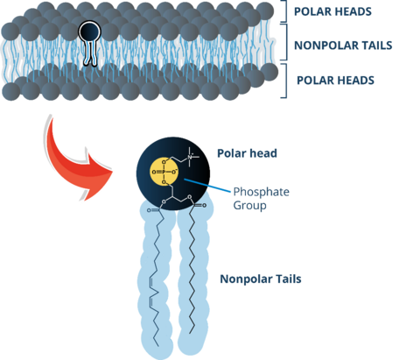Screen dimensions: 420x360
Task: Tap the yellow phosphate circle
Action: [164, 172]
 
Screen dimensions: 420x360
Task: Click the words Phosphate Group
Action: [261, 199]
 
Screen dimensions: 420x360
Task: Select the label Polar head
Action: [247, 153]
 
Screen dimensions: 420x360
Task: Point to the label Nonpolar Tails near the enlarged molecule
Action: [261, 279]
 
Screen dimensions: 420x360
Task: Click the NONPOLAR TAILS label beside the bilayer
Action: [343, 46]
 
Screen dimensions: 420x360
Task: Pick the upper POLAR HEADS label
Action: [332, 11]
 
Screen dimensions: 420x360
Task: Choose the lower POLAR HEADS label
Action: [335, 81]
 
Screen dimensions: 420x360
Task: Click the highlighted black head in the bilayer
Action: [89, 32]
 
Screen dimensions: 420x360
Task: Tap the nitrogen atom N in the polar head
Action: [190, 157]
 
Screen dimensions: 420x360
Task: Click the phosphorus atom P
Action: [164, 173]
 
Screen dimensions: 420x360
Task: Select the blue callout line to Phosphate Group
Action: [207, 186]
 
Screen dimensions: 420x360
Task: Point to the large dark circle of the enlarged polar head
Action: [173, 173]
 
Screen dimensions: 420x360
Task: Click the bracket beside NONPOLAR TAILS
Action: [286, 42]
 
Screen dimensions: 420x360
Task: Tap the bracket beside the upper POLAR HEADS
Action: [286, 11]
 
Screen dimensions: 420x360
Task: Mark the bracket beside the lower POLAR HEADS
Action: [286, 81]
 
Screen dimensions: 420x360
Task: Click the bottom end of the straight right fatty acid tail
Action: [190, 333]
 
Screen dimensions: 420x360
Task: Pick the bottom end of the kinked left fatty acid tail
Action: [158, 346]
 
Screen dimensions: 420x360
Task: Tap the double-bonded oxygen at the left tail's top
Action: [149, 210]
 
